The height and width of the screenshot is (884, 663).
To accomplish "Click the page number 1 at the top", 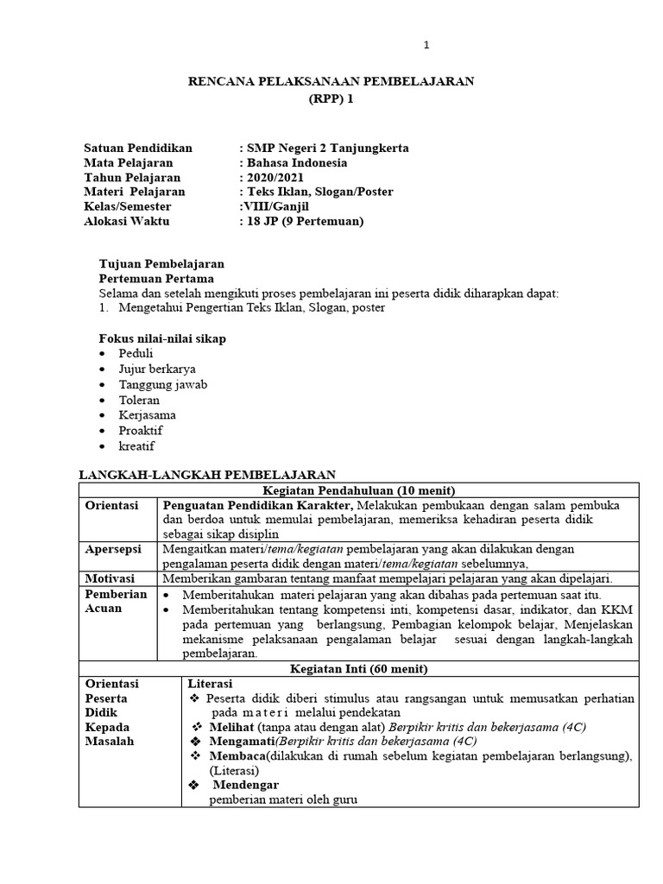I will pos(426,46).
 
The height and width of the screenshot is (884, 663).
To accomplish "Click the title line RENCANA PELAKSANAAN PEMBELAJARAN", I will pos(331,81).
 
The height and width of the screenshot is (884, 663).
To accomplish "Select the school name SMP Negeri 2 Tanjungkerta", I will pos(327,148).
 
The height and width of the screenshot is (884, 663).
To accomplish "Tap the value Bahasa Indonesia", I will pos(297,162).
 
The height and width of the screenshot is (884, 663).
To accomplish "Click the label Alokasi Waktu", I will pos(127,221).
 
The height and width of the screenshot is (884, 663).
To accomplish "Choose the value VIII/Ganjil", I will pos(275,206).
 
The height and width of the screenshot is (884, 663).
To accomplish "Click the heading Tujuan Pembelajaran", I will pos(161,264).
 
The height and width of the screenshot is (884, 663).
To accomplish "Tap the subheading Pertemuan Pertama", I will pos(156,279).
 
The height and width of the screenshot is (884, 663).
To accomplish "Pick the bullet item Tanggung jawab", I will pos(163,385).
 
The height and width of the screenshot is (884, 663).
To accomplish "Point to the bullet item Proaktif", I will pos(141,431).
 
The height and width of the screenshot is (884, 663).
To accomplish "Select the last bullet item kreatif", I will pos(136,446).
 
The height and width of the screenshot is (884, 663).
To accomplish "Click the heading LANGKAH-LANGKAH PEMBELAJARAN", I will pos(207,475).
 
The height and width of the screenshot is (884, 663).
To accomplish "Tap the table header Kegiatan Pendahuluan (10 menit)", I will pos(358,490).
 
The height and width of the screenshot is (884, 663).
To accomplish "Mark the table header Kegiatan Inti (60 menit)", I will pos(358,668).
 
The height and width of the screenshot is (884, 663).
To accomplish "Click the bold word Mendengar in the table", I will pos(244,785).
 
